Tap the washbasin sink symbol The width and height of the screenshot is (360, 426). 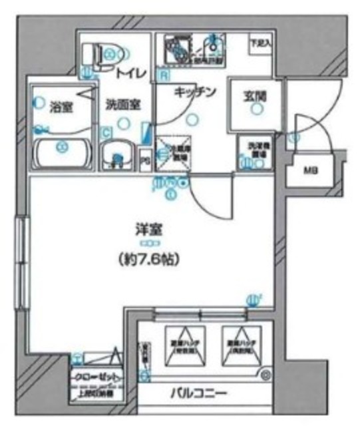(x=118, y=157)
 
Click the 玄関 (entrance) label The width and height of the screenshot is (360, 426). (x=254, y=96)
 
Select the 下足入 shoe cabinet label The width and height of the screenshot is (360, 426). (x=260, y=44)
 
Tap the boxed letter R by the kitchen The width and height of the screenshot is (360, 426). (x=162, y=74)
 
